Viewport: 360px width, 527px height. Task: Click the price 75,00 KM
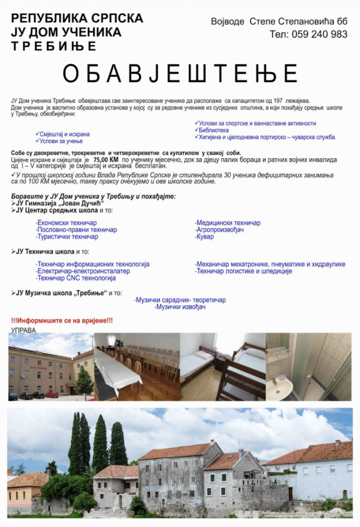(105, 159)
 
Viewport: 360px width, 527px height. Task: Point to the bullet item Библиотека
(213, 130)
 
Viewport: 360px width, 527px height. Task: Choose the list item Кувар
(205, 237)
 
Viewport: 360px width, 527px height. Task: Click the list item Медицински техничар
(227, 223)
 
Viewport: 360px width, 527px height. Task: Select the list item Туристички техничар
(67, 237)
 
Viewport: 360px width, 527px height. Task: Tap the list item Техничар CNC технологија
(68, 278)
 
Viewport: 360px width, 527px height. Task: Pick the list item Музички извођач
(180, 307)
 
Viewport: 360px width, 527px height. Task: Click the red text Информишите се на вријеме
(62, 320)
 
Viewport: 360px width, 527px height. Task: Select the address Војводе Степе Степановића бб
(279, 21)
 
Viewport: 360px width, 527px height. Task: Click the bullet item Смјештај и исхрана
(63, 134)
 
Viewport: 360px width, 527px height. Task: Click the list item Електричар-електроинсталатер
(75, 271)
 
